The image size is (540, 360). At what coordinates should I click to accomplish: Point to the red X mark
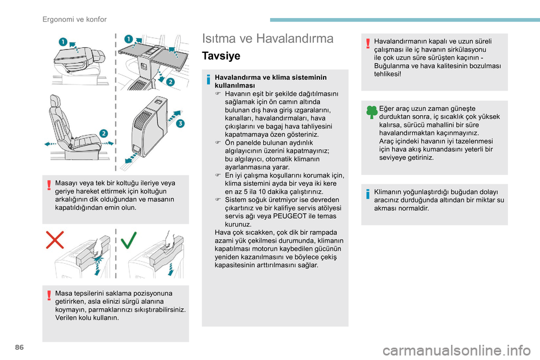(x=55, y=241)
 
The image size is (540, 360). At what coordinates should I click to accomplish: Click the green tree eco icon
(x=372, y=111)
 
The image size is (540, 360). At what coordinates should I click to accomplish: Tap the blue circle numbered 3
(x=180, y=124)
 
